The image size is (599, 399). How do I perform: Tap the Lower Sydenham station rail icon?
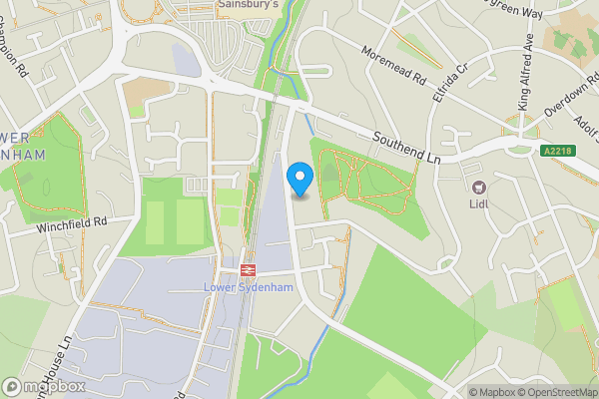[x=248, y=269]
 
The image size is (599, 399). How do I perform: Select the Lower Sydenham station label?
[x=248, y=289]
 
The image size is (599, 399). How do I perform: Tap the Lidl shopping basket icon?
[x=479, y=188]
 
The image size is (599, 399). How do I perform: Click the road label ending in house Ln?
[x=61, y=363]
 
